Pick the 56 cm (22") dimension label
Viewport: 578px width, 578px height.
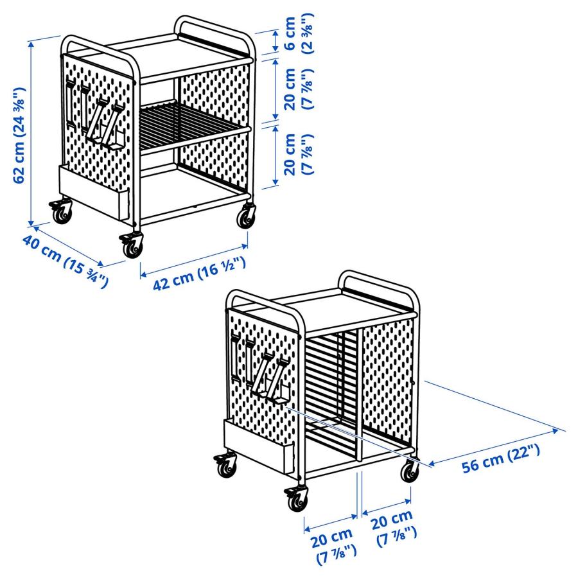click(x=501, y=460)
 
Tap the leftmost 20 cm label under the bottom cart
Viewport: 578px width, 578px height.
click(x=334, y=545)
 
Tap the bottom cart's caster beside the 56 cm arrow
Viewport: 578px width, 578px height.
click(x=409, y=472)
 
